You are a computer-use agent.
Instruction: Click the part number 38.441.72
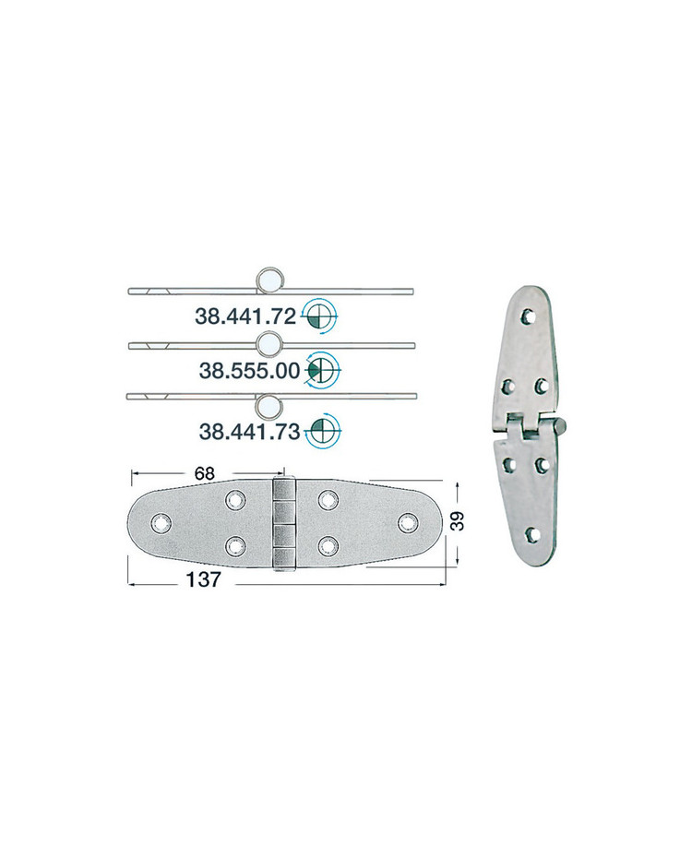pyautogui.click(x=245, y=316)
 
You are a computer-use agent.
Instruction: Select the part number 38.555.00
pyautogui.click(x=249, y=371)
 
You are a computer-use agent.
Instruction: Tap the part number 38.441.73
pyautogui.click(x=249, y=432)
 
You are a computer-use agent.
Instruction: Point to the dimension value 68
pyautogui.click(x=204, y=473)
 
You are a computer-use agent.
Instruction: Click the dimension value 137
pyautogui.click(x=204, y=579)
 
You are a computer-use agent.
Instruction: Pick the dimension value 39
pyautogui.click(x=458, y=520)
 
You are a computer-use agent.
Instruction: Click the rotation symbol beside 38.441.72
pyautogui.click(x=320, y=316)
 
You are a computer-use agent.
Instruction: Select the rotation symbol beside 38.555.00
pyautogui.click(x=323, y=371)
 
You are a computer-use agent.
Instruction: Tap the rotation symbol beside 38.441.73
pyautogui.click(x=323, y=431)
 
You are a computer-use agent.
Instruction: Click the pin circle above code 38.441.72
pyautogui.click(x=270, y=279)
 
